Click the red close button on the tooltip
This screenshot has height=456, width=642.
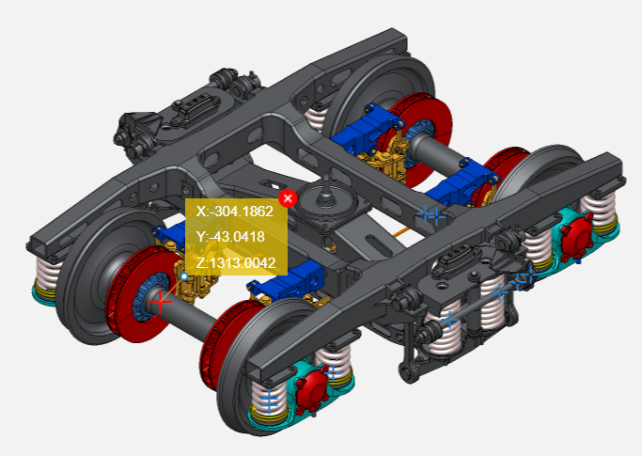pos(288,198)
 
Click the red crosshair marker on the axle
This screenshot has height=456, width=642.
pos(160,302)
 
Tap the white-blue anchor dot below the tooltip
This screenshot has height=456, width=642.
pos(184,276)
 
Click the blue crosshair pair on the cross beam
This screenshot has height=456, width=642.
pos(431,214)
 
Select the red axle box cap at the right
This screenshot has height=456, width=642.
pos(576,239)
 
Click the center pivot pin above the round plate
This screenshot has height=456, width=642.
pos(326,186)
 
